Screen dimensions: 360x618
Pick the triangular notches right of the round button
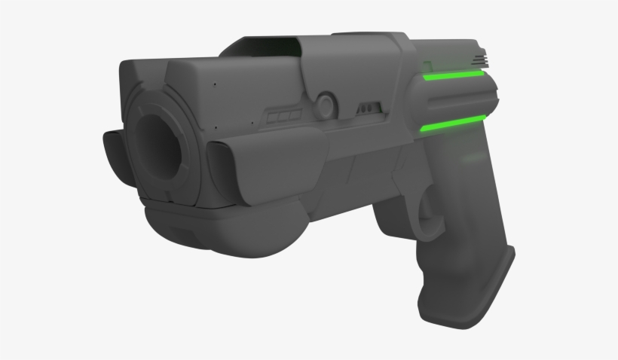pyautogui.click(x=369, y=108)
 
